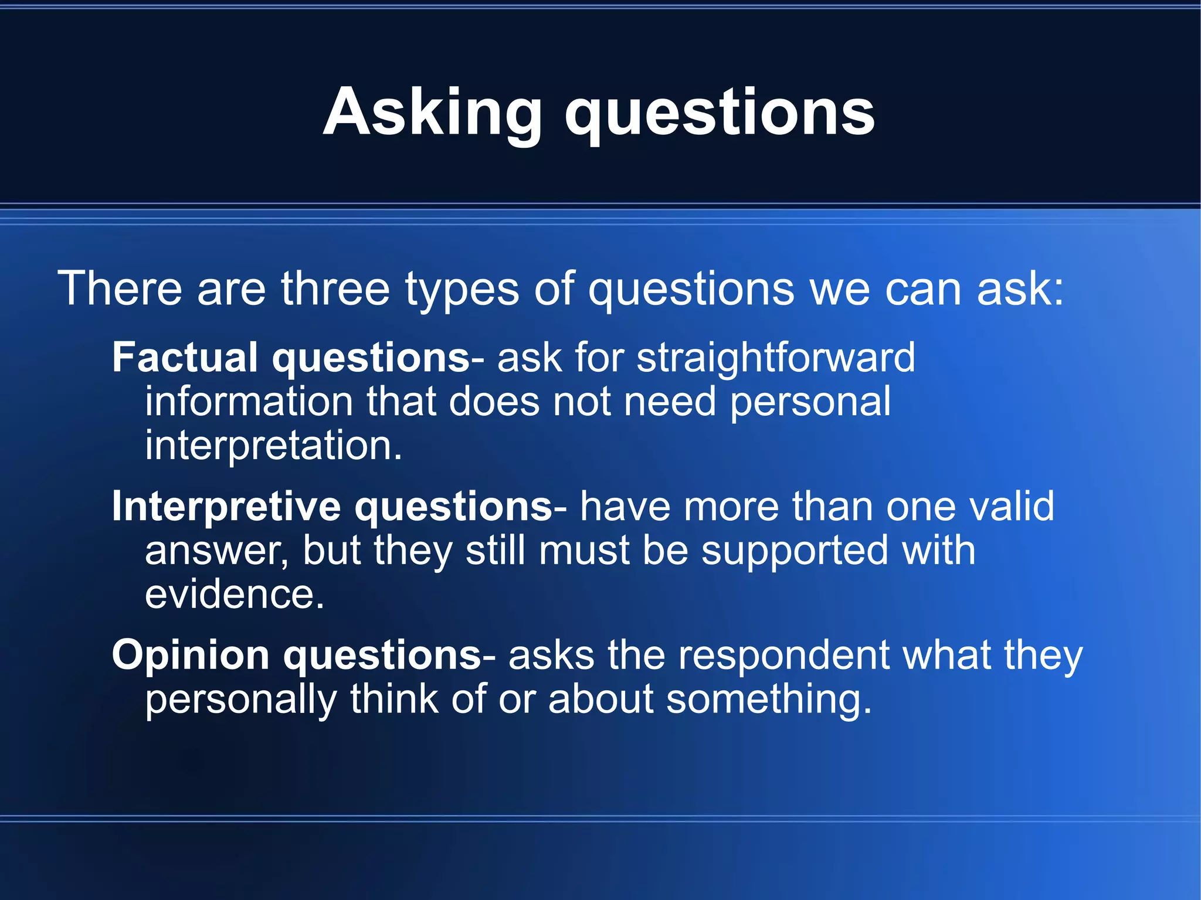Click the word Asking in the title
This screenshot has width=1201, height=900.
point(432,113)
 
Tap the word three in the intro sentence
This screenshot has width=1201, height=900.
point(335,288)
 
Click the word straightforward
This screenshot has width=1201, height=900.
point(775,358)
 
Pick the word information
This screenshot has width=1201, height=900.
point(249,402)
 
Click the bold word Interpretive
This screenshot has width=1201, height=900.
point(226,507)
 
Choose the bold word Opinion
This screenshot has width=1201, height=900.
point(190,656)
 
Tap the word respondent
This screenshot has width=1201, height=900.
point(783,655)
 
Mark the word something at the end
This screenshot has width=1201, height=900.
point(769,701)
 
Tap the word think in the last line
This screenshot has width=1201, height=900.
point(393,699)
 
